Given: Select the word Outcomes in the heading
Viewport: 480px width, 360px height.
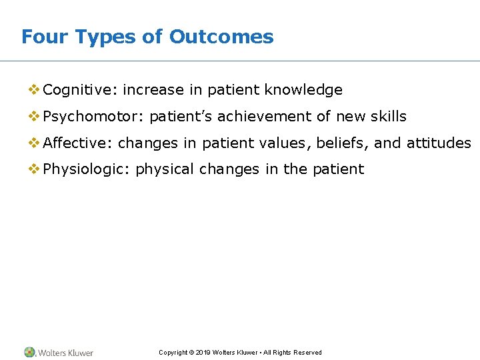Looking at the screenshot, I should [x=221, y=37].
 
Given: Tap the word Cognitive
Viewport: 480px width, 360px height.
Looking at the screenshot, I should [x=80, y=90].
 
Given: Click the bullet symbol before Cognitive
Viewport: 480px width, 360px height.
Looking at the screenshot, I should [x=33, y=90].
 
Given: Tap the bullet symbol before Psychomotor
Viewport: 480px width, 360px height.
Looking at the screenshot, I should [x=33, y=117].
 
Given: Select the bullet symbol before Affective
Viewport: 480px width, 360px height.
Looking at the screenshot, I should [x=33, y=143].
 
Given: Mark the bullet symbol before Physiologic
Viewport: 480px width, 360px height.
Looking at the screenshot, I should [x=33, y=169].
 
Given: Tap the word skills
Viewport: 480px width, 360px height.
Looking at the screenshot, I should [x=389, y=117].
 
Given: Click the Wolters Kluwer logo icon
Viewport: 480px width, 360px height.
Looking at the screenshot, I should [x=30, y=352].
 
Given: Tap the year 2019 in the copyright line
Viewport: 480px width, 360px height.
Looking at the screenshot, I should [x=204, y=353].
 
